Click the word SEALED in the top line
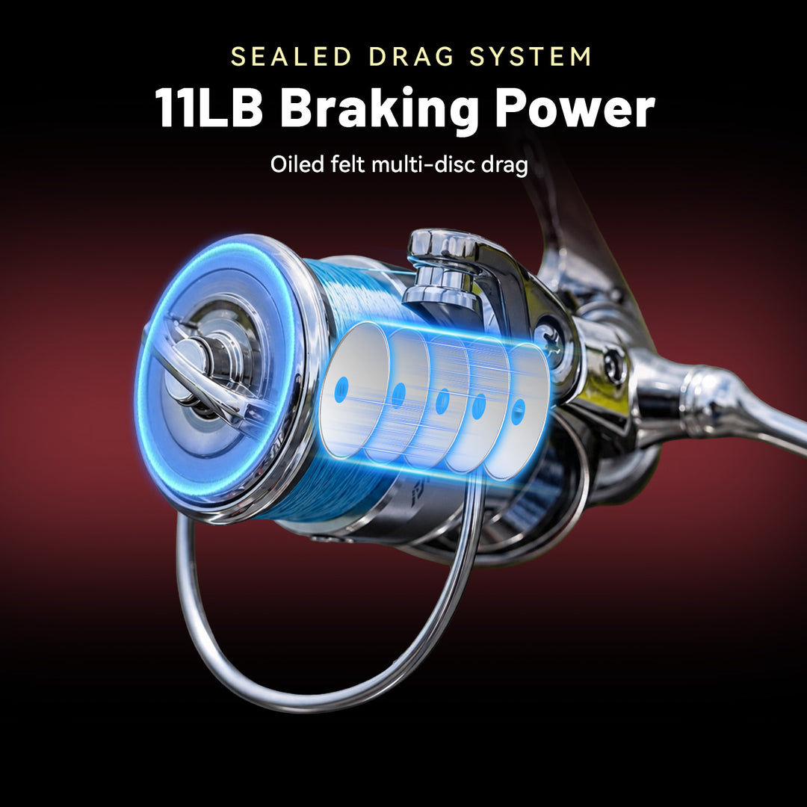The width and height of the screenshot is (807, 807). click(x=291, y=57)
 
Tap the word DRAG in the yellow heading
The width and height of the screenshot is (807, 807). click(x=411, y=57)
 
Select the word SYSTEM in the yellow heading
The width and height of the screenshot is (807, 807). click(x=530, y=57)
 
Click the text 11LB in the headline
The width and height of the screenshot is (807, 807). click(x=209, y=108)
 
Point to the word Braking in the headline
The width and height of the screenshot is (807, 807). click(x=380, y=110)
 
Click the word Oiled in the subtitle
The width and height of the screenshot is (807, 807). click(x=297, y=164)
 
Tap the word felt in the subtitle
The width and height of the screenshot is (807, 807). click(x=347, y=164)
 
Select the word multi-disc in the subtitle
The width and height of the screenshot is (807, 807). click(x=423, y=164)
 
